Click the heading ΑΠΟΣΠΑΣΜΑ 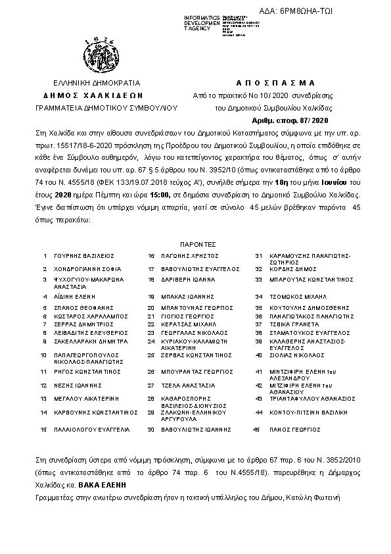point(275,83)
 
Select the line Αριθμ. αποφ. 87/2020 point(289,121)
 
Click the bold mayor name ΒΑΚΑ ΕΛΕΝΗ point(101,485)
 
